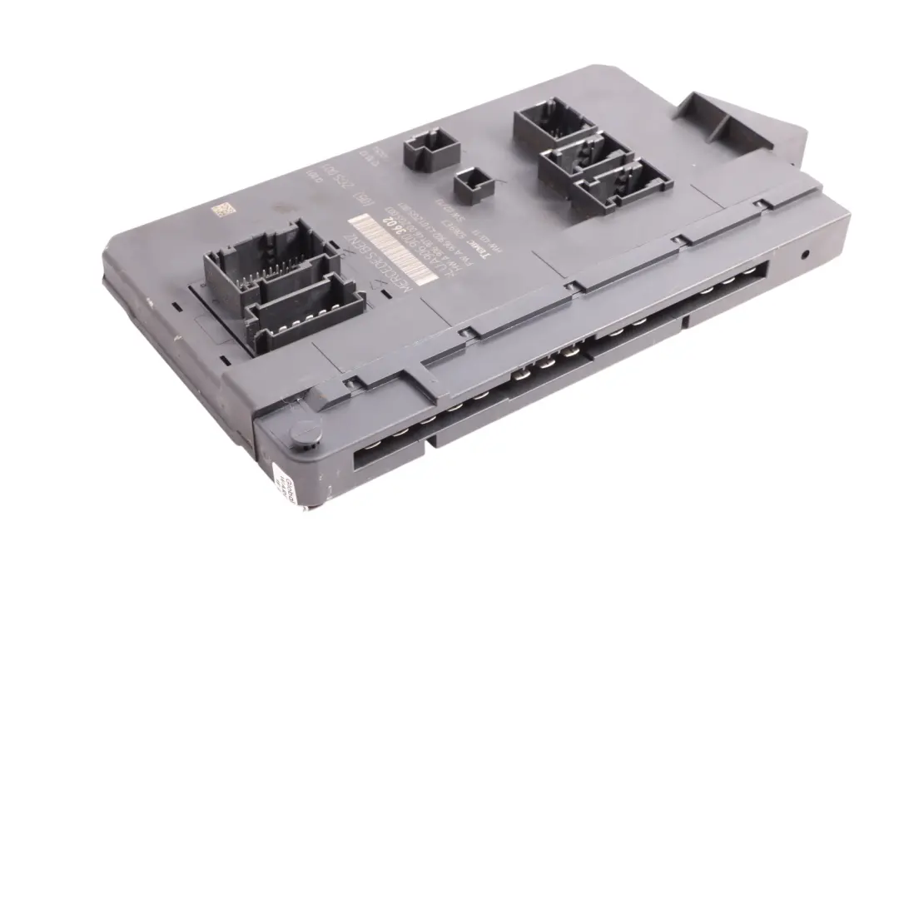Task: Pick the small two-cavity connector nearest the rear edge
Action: (x=431, y=151)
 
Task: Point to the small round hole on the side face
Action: (x=806, y=256)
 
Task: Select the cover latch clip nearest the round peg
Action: (x=354, y=384)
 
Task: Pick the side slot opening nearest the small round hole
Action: (x=729, y=287)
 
